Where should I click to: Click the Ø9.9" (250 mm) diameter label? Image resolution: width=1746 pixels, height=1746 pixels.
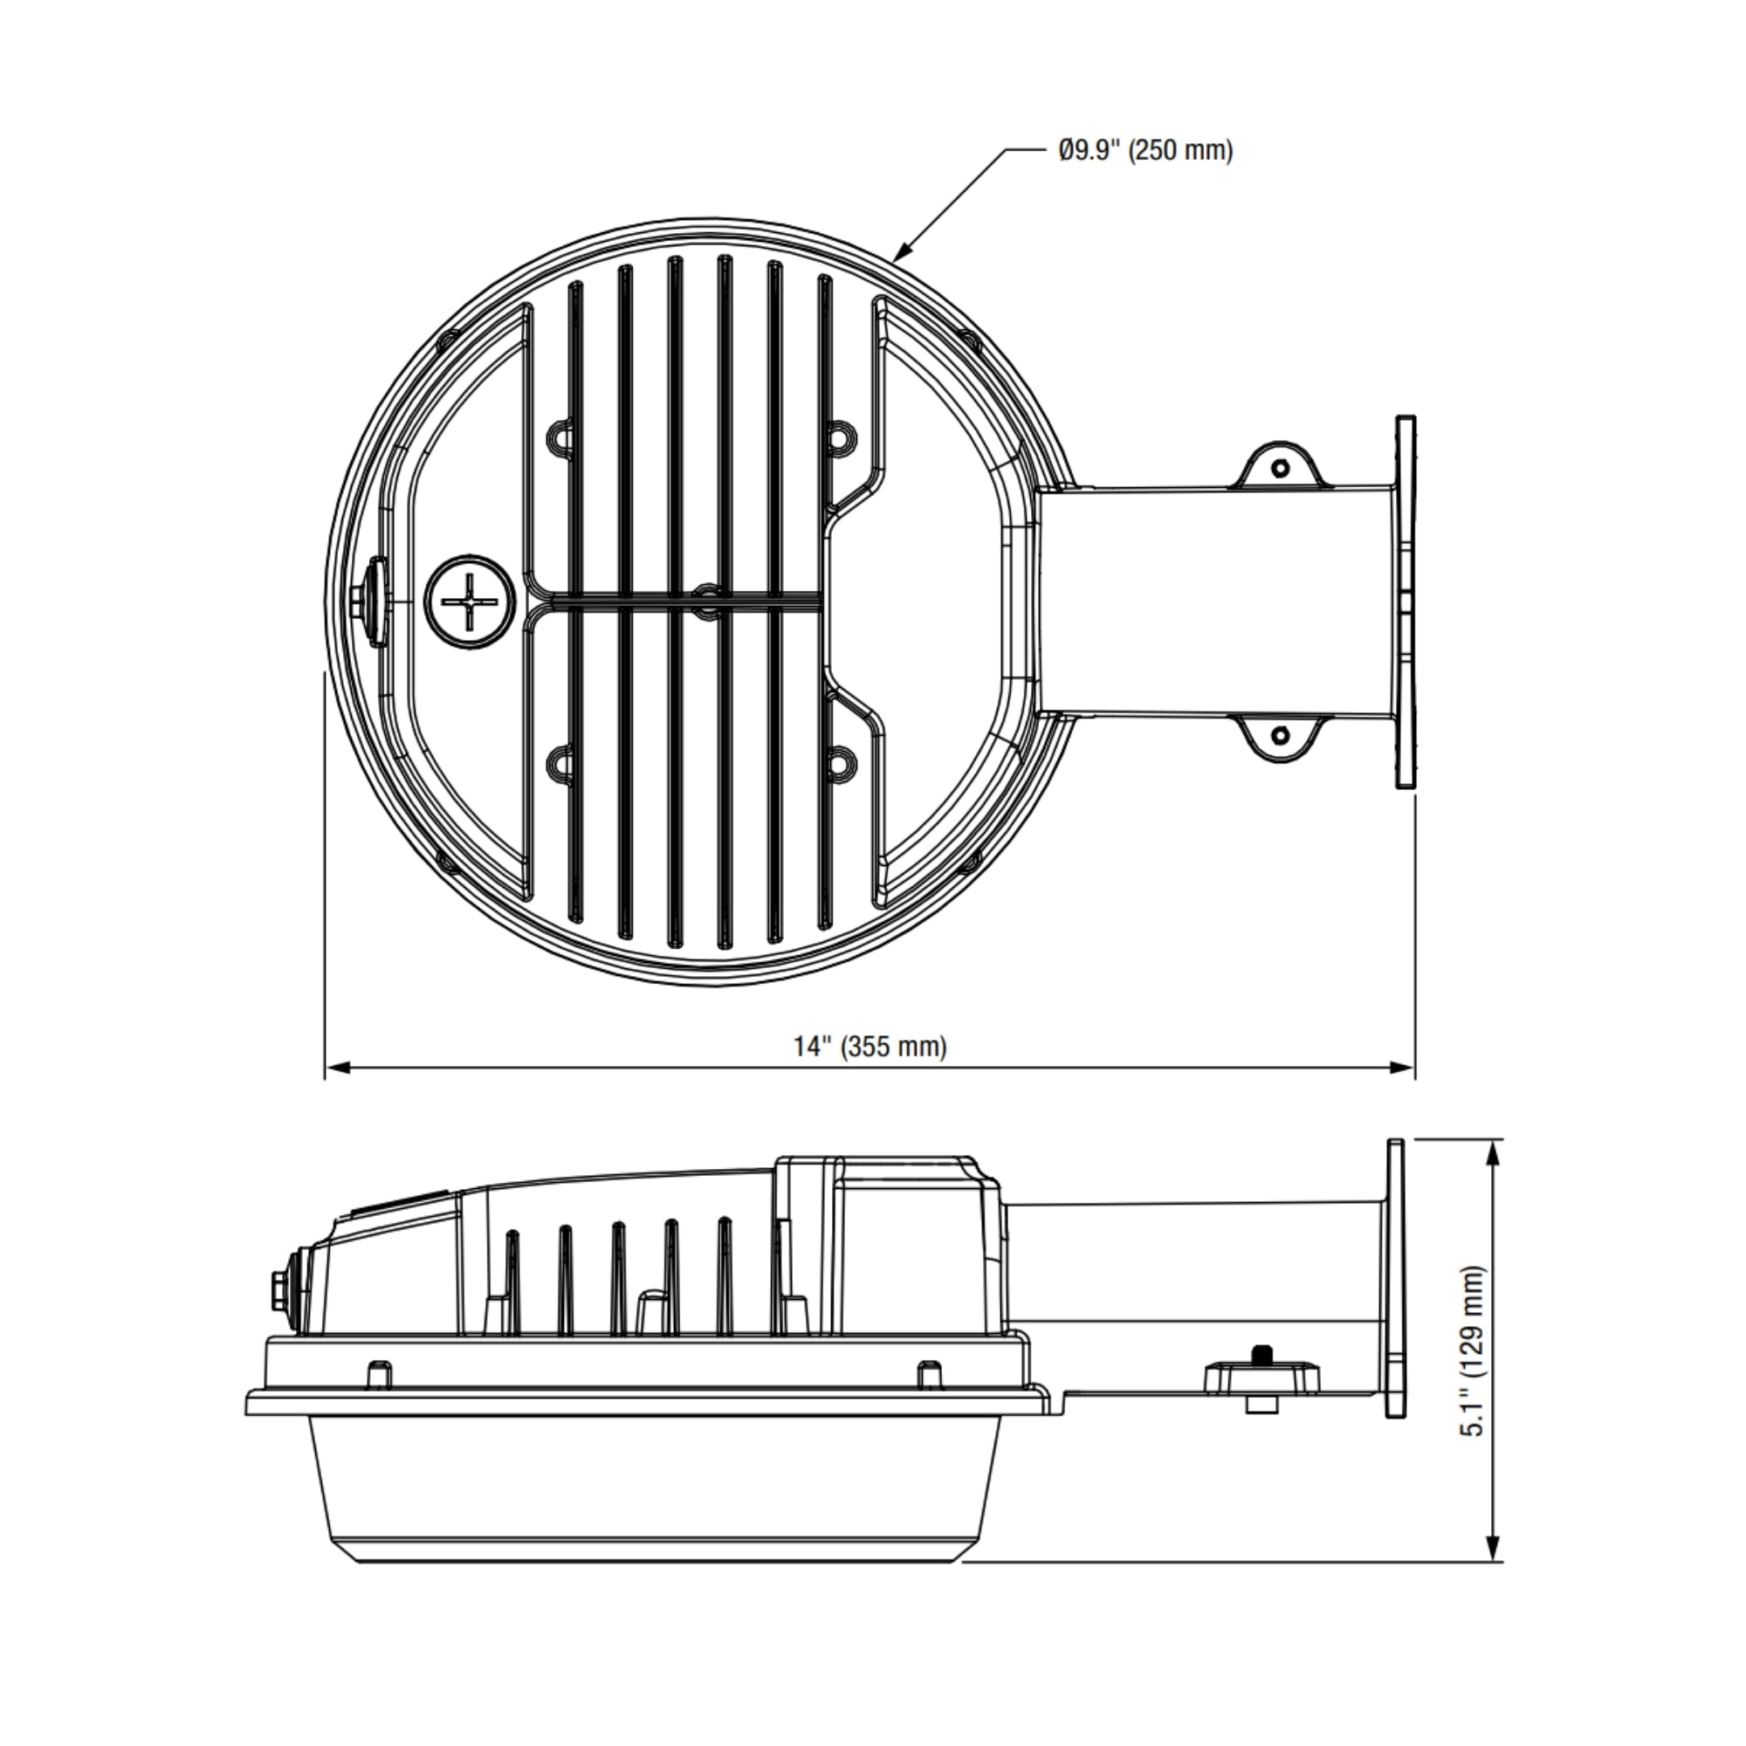[x=1146, y=150]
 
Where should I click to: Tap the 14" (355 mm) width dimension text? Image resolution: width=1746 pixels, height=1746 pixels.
[x=870, y=1048]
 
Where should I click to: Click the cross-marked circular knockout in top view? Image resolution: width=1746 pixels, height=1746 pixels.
[x=470, y=601]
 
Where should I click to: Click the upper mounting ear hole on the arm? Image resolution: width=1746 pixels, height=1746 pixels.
[x=1281, y=468]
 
